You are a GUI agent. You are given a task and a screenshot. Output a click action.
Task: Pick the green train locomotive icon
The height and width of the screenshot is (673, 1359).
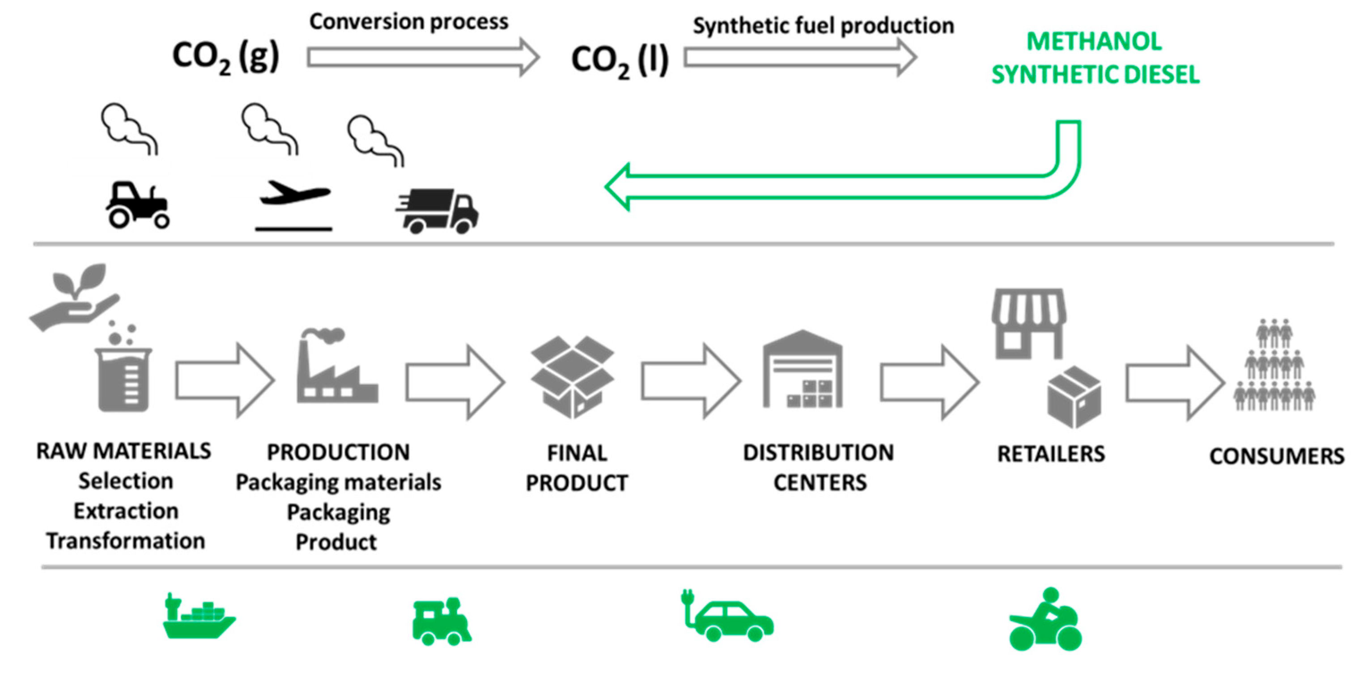pos(441,622)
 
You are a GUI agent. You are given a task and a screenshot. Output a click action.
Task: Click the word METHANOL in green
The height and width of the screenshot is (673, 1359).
pos(1094,42)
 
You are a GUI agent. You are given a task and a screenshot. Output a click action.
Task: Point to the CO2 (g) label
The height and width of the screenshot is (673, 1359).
pos(226,57)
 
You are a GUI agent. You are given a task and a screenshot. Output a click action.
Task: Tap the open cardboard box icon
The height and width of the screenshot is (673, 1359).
pos(573,376)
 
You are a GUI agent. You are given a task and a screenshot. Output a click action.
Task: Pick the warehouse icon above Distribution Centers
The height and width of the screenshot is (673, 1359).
pos(803,370)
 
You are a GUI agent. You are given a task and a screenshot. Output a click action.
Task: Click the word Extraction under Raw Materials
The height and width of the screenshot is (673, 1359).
pos(126,511)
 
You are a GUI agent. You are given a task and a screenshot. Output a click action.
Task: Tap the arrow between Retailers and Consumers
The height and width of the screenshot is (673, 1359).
pos(1174,383)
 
